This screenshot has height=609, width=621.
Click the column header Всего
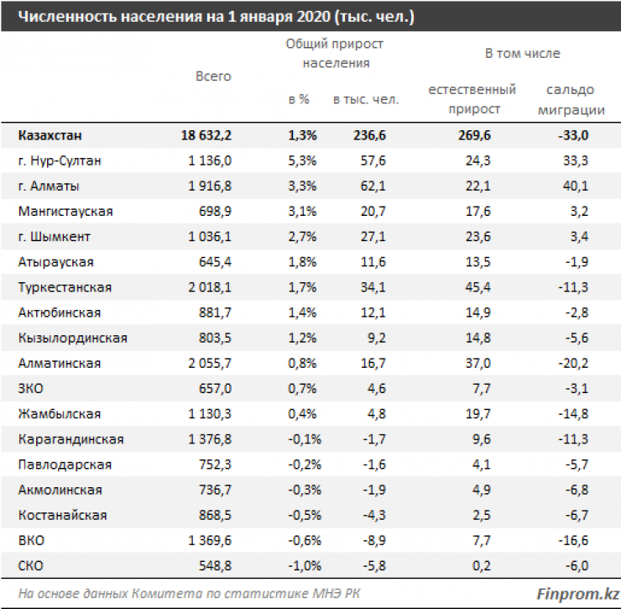[213, 76]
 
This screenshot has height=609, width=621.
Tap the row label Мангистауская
[65, 211]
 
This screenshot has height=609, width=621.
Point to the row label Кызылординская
[72, 338]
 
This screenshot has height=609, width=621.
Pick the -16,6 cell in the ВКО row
[575, 540]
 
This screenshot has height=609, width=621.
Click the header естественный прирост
[472, 99]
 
